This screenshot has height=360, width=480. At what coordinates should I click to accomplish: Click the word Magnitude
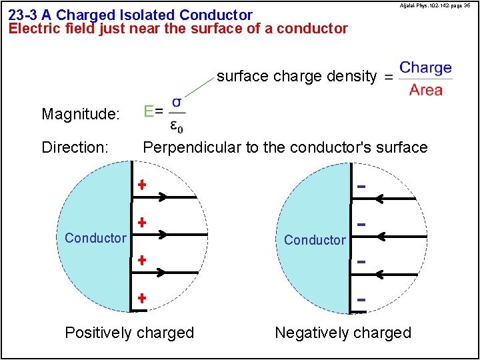pos(81,114)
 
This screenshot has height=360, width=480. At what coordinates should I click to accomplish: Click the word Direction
pos(75,147)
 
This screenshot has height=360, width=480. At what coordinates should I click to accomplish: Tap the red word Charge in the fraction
pos(425,68)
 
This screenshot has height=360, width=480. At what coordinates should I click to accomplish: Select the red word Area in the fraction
pos(426,90)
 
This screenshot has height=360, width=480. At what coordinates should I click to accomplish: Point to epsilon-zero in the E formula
pos(177,125)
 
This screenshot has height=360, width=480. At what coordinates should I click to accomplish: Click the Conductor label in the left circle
pos(95,238)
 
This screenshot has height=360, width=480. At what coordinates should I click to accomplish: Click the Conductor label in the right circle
pos(315,240)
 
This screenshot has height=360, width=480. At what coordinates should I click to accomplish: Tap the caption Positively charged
pos(129,333)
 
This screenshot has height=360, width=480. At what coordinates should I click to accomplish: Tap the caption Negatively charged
pos(343,333)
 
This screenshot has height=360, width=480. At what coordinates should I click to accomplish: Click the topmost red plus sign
pos(141,185)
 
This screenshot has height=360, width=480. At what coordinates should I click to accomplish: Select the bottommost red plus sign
pos(141,298)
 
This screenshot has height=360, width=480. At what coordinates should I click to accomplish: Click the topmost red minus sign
pos(361,186)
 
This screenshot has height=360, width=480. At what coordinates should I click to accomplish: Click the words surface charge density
pos(297,76)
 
